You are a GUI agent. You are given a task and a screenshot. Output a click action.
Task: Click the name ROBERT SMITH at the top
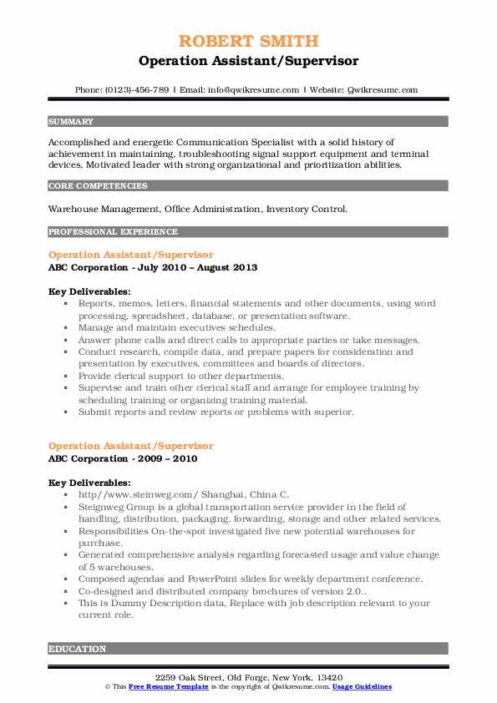[248, 42]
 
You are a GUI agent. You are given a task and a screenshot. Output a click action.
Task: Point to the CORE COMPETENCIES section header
[89, 185]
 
